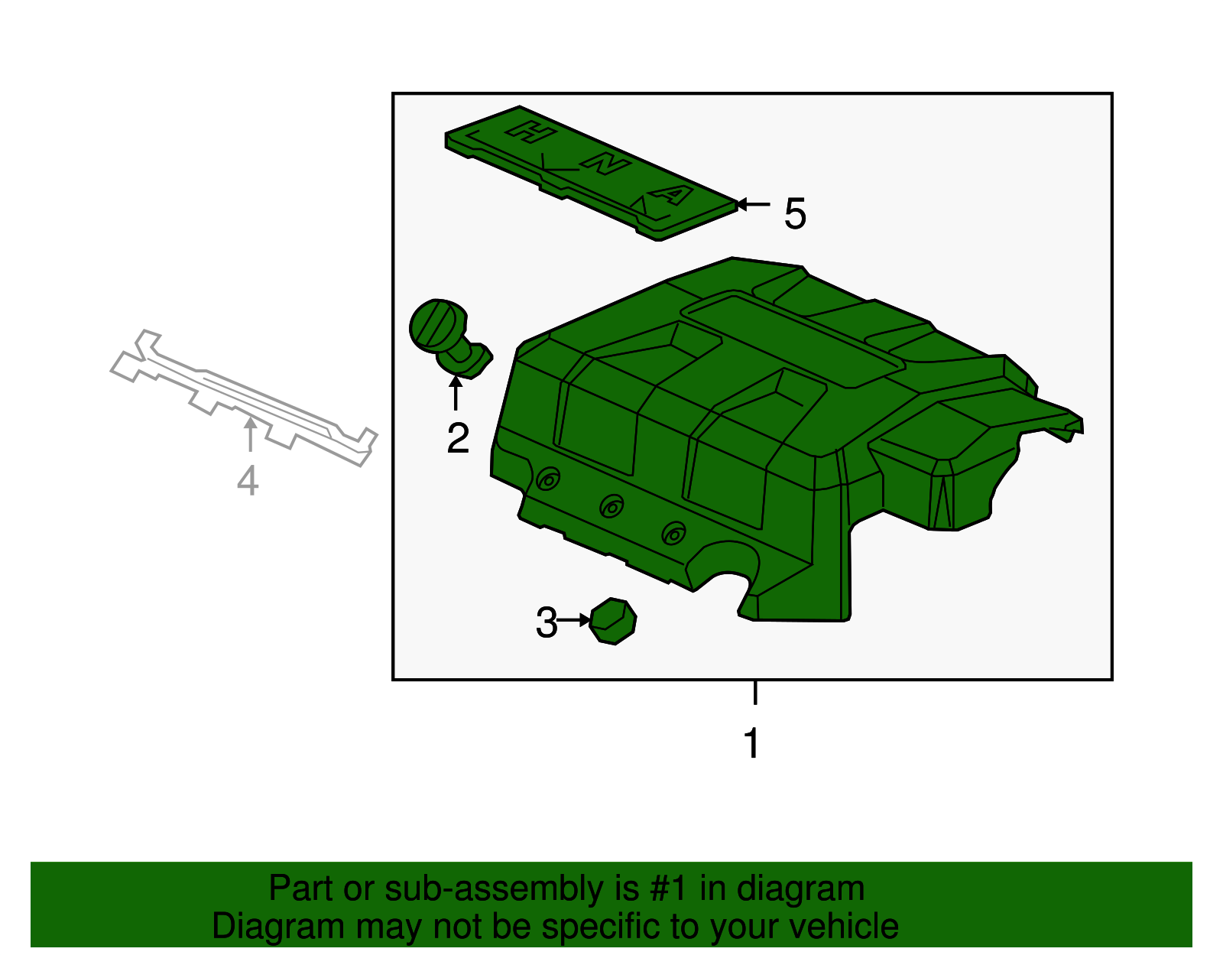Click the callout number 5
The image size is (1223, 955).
point(795,213)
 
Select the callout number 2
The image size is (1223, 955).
point(458,438)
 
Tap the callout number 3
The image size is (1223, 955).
point(546,622)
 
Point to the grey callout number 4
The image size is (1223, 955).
point(248,480)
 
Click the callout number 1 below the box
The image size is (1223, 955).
point(752,743)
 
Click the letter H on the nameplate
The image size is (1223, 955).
point(530,132)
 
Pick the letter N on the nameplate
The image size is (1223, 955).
point(605,164)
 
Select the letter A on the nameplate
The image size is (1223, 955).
point(672,195)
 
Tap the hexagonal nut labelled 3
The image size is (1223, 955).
point(613,622)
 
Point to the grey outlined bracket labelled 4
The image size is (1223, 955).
point(242,397)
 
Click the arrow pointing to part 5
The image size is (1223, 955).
point(753,204)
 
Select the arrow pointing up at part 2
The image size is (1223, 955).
point(456,393)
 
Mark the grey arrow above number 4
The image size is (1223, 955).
point(250,434)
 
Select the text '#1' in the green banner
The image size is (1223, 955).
point(669,888)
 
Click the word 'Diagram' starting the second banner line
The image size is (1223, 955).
point(278,927)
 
